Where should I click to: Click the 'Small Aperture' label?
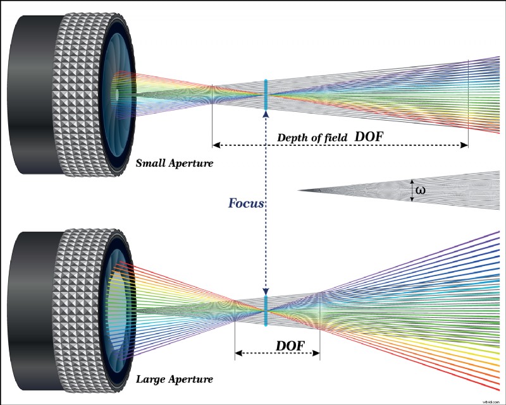[174, 164]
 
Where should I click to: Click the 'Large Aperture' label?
[174, 380]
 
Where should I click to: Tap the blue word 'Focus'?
[246, 203]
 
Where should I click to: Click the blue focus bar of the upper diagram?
[266, 95]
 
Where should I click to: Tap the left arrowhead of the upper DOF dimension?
[215, 145]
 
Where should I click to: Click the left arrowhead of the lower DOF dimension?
[238, 354]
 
